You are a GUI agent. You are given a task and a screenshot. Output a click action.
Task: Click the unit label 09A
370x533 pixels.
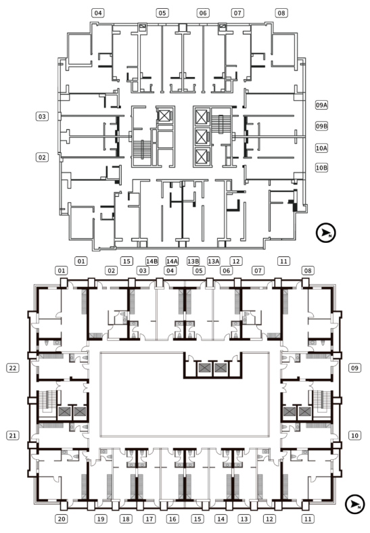point(321,105)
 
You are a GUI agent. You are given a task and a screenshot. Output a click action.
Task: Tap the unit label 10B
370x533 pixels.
point(321,168)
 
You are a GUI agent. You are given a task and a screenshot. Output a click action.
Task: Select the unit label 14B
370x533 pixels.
point(152,261)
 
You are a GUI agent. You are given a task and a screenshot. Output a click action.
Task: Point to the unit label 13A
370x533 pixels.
point(214,261)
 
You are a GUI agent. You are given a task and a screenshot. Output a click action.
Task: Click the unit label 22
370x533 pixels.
point(13,368)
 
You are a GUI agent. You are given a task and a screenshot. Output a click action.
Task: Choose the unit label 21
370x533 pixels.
point(13,436)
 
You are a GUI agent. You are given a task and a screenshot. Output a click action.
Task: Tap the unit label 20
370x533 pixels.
point(61,519)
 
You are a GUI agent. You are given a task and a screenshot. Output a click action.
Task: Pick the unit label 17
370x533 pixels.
point(149,519)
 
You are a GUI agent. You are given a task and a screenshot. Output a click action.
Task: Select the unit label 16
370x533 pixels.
point(172,519)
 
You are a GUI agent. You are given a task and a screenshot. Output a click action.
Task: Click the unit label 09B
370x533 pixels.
point(321,126)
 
